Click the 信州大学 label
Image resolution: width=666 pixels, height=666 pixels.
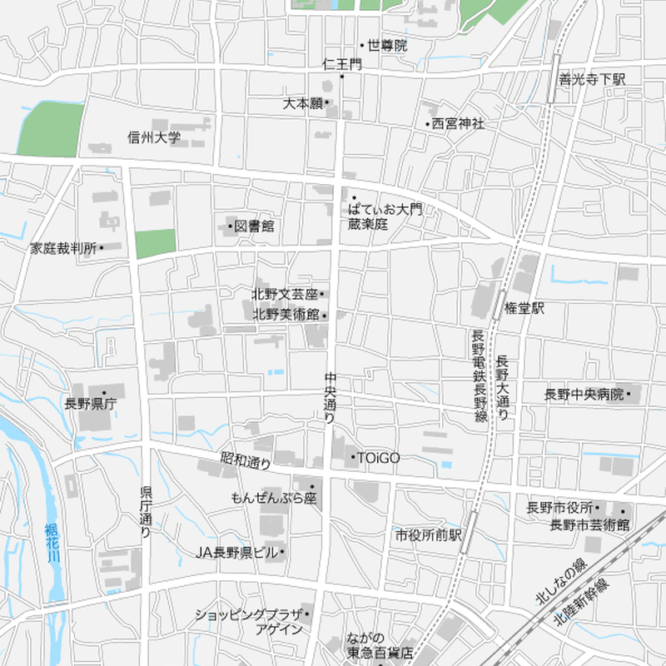[x=154, y=137]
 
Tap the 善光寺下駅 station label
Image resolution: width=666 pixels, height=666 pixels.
[x=592, y=80]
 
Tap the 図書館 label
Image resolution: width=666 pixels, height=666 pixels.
[x=254, y=226]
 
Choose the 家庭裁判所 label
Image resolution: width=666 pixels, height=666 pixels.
[x=64, y=248]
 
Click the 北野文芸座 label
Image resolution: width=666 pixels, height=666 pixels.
[x=286, y=294]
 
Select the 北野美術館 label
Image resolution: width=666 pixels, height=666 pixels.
[x=286, y=315]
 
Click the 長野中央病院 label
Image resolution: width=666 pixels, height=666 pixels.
[x=584, y=395]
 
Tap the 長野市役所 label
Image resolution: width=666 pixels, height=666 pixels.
[x=559, y=507]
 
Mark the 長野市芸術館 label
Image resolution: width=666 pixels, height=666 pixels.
[x=589, y=524]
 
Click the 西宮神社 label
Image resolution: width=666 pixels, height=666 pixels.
[x=457, y=124]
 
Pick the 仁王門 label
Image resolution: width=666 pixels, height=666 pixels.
[x=342, y=64]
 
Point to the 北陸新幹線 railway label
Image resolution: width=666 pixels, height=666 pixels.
[x=583, y=605]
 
